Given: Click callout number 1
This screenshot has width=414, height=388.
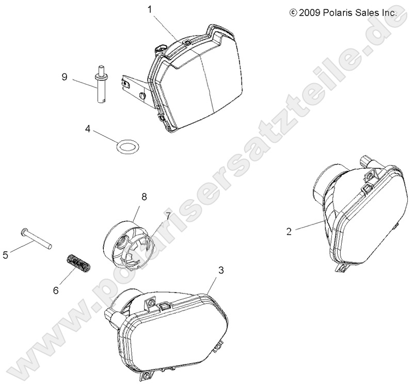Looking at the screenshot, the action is click(x=150, y=9).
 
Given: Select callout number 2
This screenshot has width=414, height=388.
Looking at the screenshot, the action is click(x=289, y=232).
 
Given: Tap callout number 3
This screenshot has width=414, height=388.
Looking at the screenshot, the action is click(x=221, y=270).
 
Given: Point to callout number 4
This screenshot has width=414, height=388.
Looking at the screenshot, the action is click(x=88, y=129).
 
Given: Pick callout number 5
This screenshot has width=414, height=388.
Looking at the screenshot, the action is click(x=6, y=255).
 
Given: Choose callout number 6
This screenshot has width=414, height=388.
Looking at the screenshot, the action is click(x=56, y=290).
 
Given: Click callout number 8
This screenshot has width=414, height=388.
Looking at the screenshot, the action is click(x=144, y=197).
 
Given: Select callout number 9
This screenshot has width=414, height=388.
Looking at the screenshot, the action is click(x=65, y=77).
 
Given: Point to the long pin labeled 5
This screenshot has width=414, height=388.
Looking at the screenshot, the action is click(x=36, y=238).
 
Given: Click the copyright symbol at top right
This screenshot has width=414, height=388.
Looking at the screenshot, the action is click(x=293, y=12).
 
